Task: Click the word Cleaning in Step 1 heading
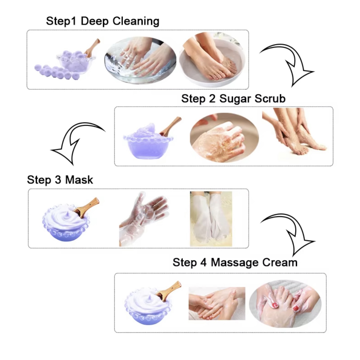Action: pyautogui.click(x=136, y=21)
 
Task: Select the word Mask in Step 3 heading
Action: pyautogui.click(x=79, y=180)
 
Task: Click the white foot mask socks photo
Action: pyautogui.click(x=211, y=219)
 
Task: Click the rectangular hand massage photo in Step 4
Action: pyautogui.click(x=217, y=304)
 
